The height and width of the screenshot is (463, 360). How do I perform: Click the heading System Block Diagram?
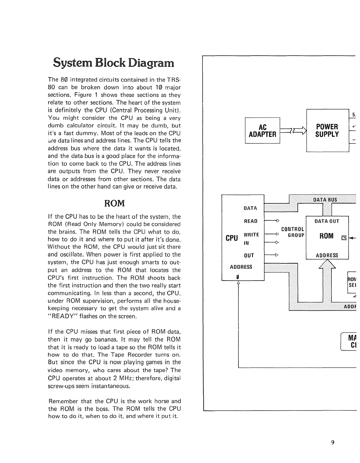(x=113, y=63)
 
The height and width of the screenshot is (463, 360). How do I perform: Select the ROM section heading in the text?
(x=114, y=203)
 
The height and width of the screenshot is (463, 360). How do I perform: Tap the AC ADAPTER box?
(x=262, y=131)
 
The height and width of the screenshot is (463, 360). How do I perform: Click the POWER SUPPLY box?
(x=327, y=131)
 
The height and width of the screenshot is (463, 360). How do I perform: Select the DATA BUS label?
(x=325, y=200)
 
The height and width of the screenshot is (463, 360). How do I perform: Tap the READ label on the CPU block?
(x=251, y=221)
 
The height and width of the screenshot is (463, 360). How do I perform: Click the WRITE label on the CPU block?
(x=251, y=235)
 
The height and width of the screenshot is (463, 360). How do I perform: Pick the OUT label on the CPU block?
(x=249, y=256)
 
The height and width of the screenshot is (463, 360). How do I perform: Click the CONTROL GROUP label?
(x=293, y=232)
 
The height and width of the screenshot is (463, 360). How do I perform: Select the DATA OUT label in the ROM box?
(x=327, y=221)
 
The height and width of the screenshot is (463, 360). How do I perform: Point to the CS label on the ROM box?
(x=344, y=238)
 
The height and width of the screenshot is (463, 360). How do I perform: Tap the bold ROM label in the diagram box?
(x=326, y=236)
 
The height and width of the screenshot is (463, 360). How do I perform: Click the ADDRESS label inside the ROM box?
(x=327, y=256)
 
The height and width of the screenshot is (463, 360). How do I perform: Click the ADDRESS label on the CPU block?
(x=241, y=267)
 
